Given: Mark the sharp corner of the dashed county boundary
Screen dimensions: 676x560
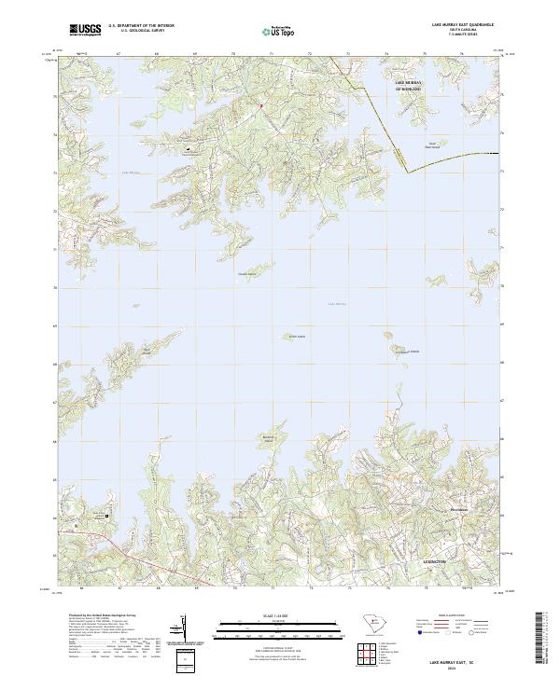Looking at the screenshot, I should [408, 172].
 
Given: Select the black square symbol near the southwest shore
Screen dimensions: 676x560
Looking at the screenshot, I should [105, 516].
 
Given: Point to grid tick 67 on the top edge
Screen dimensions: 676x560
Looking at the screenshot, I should [119, 54].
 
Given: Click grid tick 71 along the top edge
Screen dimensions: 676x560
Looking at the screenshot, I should [272, 54].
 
